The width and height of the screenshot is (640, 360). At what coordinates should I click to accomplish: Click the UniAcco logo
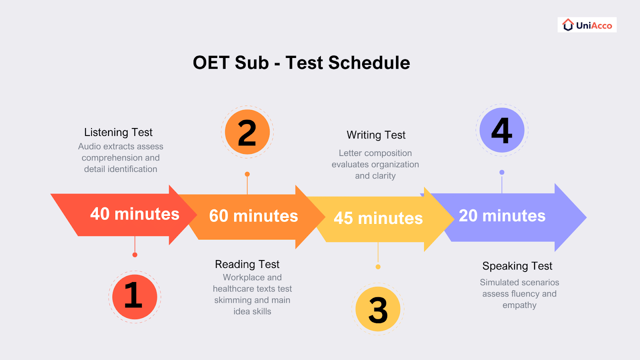click(x=587, y=25)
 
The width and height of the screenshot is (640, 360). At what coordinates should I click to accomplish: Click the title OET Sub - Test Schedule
click(x=301, y=63)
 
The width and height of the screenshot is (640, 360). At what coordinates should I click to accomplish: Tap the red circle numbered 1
click(x=134, y=296)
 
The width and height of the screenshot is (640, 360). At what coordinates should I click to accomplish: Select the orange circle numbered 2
click(x=247, y=132)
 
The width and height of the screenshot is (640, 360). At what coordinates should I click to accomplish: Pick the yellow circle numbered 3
click(x=378, y=309)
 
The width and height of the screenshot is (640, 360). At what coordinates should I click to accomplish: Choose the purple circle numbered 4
click(x=502, y=130)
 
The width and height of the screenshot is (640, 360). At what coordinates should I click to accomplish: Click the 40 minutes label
click(x=135, y=214)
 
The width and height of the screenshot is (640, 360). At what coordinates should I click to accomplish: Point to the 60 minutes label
click(x=254, y=216)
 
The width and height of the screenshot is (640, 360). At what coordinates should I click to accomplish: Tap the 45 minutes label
click(x=378, y=218)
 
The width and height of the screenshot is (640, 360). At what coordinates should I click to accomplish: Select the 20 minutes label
click(x=502, y=216)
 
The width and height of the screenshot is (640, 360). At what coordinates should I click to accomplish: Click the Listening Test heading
click(x=118, y=132)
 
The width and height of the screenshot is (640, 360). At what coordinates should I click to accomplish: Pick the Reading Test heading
click(x=247, y=264)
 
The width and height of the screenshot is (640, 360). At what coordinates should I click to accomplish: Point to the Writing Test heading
click(x=376, y=135)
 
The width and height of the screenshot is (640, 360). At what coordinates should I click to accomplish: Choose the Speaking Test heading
click(x=517, y=266)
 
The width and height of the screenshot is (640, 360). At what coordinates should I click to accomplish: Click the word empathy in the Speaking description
click(x=519, y=305)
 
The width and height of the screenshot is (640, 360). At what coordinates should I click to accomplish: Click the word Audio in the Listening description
click(x=89, y=146)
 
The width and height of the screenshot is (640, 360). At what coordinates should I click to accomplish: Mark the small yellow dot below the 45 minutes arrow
click(x=378, y=267)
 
